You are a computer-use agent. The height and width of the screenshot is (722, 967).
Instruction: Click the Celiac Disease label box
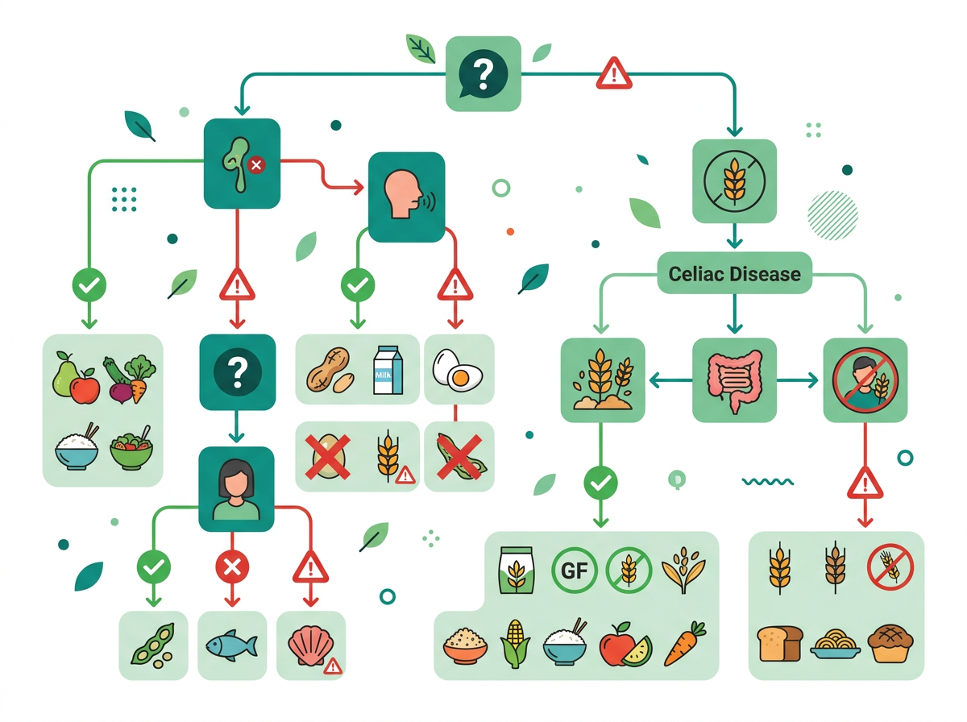[734, 273]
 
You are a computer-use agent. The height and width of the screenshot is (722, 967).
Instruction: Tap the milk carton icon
[388, 370]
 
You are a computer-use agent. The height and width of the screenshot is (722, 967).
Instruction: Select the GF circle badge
[574, 570]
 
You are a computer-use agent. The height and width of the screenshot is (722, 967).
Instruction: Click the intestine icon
[733, 380]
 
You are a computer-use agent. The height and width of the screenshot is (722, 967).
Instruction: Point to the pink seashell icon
[310, 645]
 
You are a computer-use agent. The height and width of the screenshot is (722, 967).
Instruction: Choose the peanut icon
[330, 370]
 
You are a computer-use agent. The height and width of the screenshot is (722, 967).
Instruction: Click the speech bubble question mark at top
[483, 73]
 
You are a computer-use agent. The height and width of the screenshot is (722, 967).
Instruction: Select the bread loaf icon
[779, 644]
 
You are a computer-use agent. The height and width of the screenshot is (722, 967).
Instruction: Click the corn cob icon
[514, 644]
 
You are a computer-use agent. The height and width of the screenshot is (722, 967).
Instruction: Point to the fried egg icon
[458, 371]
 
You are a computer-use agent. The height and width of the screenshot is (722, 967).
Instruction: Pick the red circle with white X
[232, 566]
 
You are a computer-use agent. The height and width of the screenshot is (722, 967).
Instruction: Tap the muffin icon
[890, 643]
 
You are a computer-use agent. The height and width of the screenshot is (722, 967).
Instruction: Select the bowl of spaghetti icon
[835, 645]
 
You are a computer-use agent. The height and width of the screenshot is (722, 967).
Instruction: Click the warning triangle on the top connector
[613, 73]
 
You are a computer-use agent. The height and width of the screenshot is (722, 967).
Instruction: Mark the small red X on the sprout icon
[256, 165]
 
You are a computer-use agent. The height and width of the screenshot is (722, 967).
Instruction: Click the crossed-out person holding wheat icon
[865, 380]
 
